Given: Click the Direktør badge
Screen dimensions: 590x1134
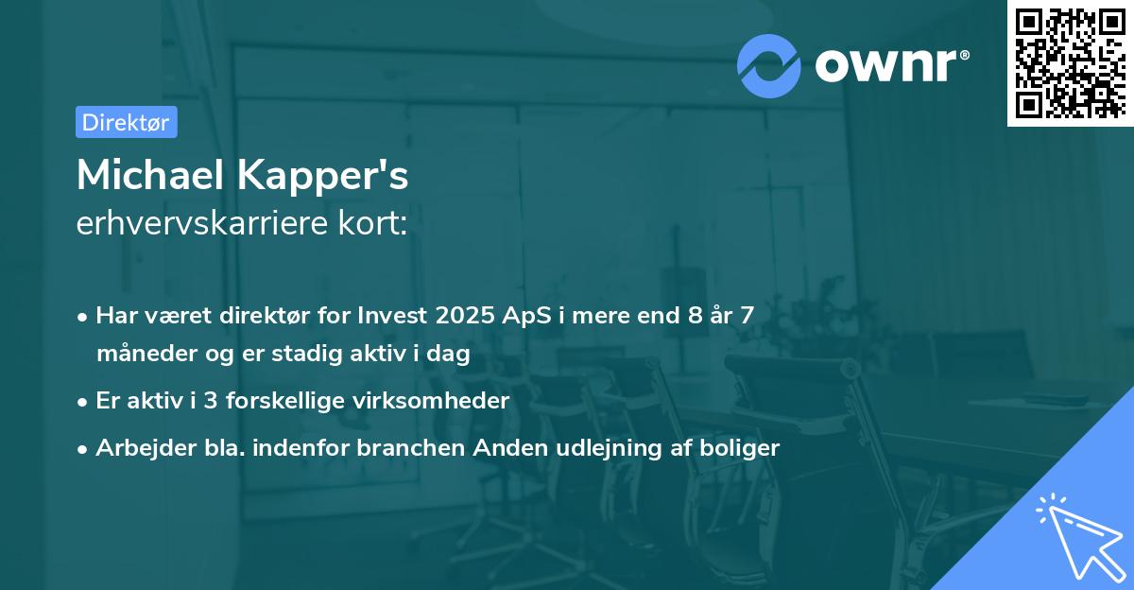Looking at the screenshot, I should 127,122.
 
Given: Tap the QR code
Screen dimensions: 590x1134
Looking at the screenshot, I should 1070,63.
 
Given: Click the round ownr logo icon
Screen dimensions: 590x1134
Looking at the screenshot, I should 769,66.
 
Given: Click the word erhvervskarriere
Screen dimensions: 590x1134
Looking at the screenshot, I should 198,224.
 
